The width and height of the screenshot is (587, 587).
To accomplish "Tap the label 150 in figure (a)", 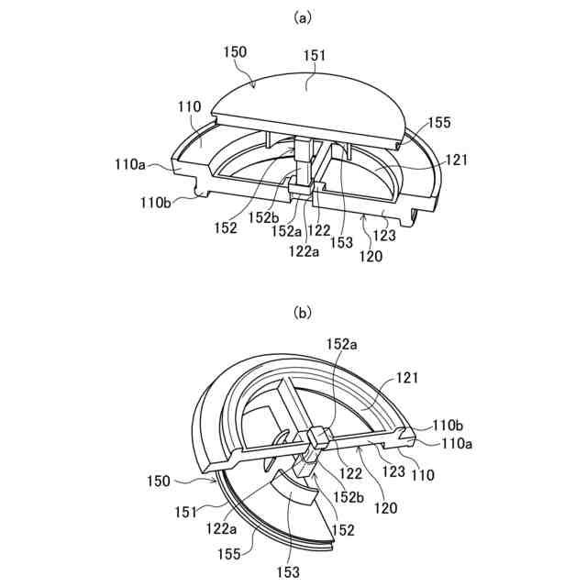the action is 235,53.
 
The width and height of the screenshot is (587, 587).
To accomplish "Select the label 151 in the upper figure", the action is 315,56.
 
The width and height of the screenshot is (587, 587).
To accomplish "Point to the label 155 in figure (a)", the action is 439,122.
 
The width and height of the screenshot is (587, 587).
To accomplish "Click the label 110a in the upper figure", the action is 129,166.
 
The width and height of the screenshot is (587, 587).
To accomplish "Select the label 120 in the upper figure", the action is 371,256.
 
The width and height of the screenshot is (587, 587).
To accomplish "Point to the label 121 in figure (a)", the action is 458,160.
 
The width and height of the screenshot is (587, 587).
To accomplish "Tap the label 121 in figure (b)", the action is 407,377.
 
